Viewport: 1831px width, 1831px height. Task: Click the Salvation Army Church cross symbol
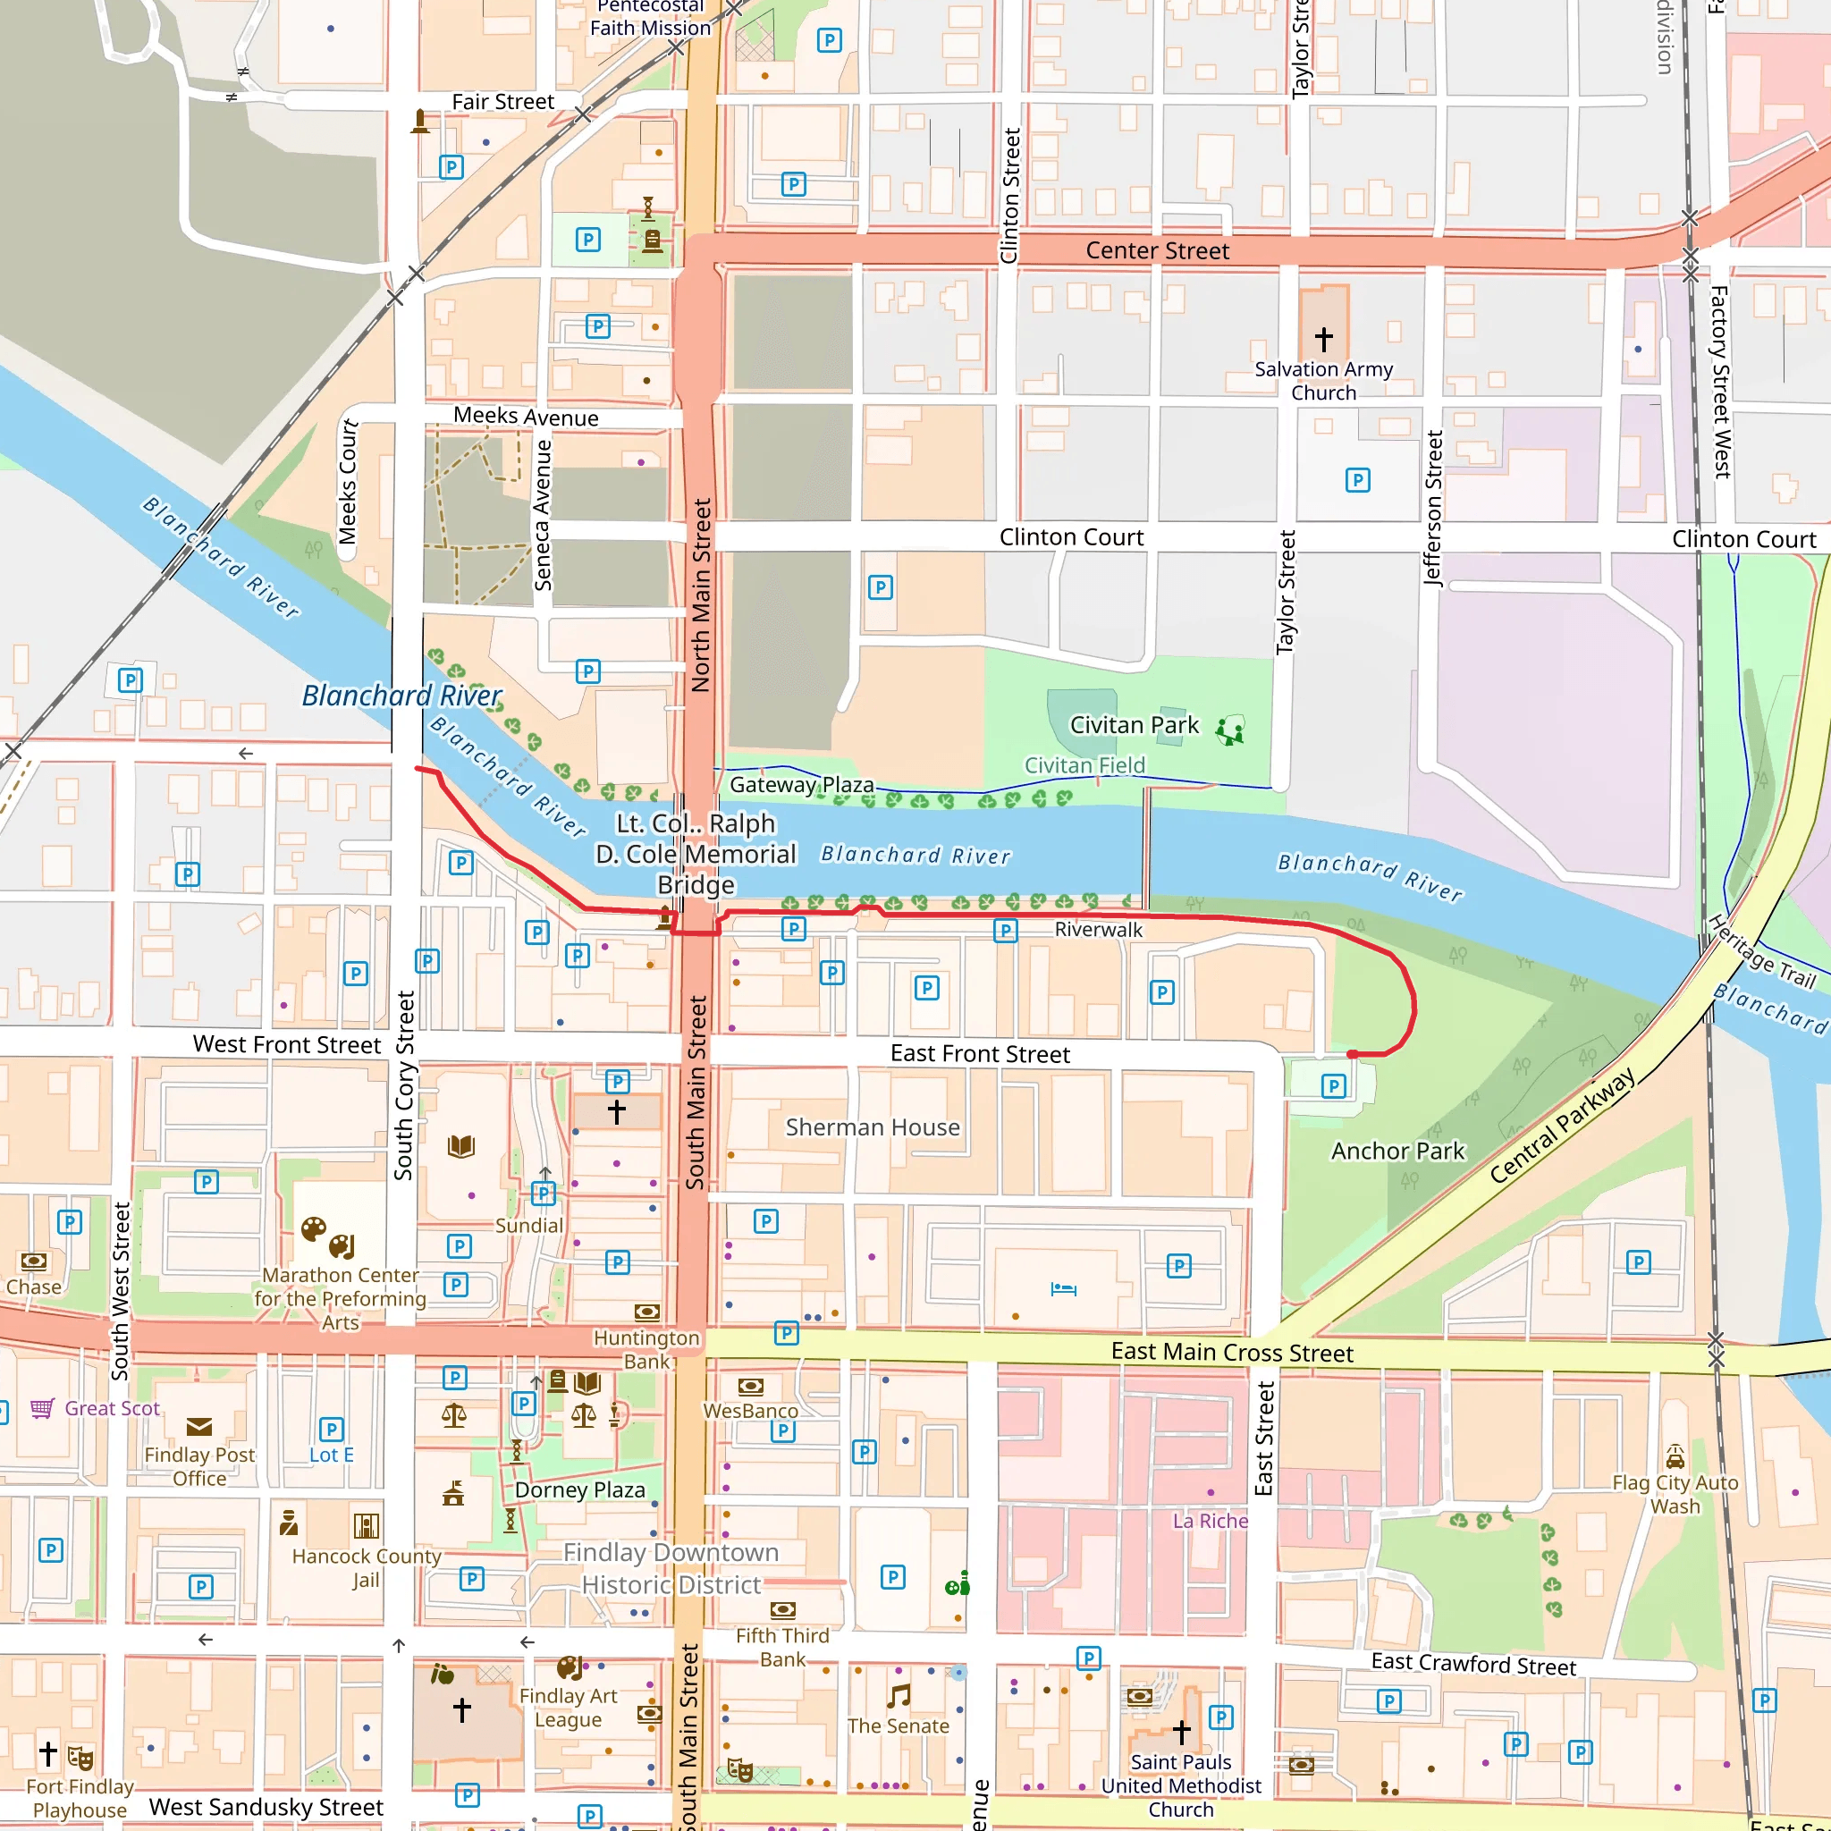tap(1324, 337)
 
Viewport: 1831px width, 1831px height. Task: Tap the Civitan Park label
tap(1135, 725)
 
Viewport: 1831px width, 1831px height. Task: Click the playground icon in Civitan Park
tap(1230, 730)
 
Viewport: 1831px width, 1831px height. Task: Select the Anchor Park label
tap(1398, 1151)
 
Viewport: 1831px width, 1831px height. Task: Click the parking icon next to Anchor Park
tap(1333, 1086)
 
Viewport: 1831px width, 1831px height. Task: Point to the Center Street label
tap(1157, 250)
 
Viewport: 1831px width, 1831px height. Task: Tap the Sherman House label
tap(872, 1126)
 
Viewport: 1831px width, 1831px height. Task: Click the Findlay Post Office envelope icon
tap(199, 1426)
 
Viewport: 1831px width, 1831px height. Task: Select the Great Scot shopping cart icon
tap(42, 1408)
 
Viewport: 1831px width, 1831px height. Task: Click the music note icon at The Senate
tap(899, 1695)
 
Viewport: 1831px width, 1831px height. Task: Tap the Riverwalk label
tap(1099, 930)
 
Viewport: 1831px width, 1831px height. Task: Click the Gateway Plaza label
tap(801, 785)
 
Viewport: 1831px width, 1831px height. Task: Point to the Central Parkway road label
tap(1561, 1125)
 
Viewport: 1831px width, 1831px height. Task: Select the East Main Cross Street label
tap(1232, 1353)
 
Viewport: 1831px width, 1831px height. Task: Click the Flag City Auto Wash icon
tap(1675, 1456)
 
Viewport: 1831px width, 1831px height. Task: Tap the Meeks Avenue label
tap(525, 417)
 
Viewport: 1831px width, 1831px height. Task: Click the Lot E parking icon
tap(331, 1430)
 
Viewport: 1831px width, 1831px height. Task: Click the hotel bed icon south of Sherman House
tap(1063, 1289)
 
